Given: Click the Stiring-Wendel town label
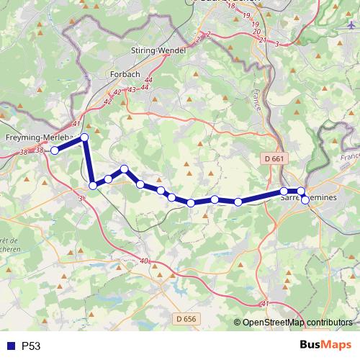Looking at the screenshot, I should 159,50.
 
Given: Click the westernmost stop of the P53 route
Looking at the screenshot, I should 55,150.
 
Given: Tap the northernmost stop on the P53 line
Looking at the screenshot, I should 84,137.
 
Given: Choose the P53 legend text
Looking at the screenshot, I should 30,346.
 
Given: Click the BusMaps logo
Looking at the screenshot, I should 325,345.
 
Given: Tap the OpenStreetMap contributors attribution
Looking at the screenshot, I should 297,323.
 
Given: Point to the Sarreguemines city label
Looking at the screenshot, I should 308,196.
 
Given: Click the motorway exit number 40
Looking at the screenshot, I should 145,261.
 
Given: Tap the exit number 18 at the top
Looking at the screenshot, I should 230,6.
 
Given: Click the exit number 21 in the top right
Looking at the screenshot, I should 263,39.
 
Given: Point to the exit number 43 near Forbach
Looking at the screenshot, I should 132,89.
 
